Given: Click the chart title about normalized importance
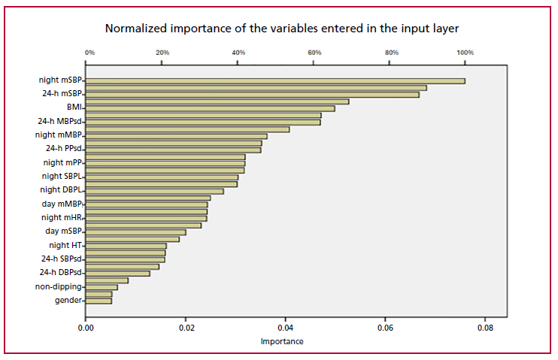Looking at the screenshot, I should point(281,29).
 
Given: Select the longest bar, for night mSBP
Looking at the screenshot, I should point(275,81).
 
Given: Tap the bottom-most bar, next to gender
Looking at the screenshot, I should point(99,301).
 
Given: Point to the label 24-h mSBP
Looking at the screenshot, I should point(62,94).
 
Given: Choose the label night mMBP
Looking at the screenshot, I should point(59,135).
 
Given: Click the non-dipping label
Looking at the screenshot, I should point(59,286).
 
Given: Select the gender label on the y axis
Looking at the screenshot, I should point(68,301).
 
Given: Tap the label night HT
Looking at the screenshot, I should point(65,245).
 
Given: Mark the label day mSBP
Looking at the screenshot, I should point(64,231).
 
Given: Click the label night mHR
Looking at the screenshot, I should point(62,217).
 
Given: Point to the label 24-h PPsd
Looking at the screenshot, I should point(64,148).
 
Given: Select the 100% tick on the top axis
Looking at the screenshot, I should point(465,53).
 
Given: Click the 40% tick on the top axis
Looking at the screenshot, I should point(238,53).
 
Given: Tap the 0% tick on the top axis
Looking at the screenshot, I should point(89,53).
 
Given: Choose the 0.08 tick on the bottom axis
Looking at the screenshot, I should point(485,328).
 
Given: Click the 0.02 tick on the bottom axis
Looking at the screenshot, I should point(186,328).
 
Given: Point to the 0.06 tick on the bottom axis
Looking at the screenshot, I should point(385,328).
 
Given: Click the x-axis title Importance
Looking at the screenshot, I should point(282,341).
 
